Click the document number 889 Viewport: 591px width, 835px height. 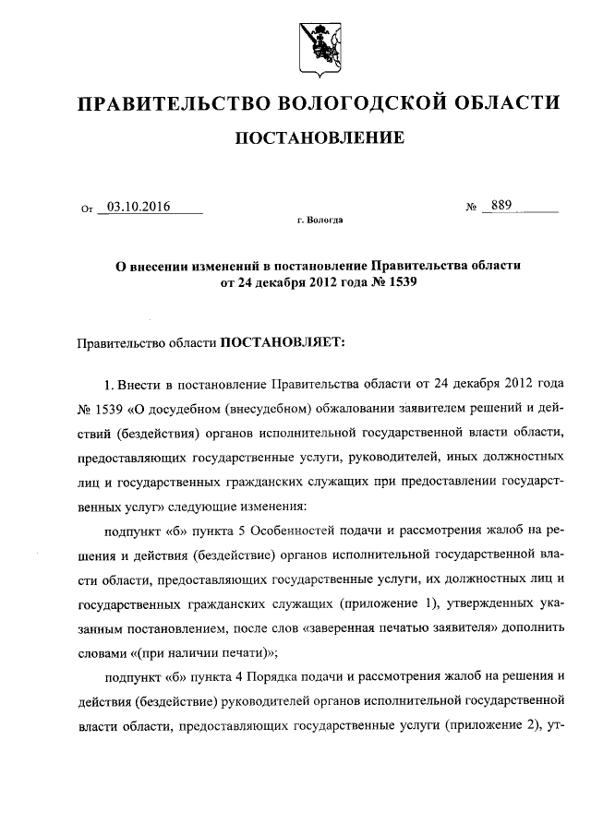tap(502, 206)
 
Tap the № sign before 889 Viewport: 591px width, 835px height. tap(471, 208)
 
